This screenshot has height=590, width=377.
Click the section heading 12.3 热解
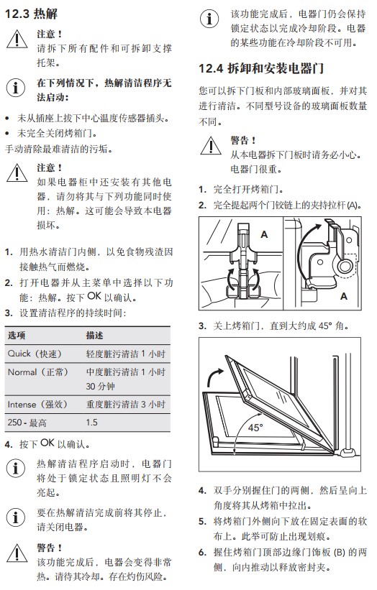pyautogui.click(x=31, y=14)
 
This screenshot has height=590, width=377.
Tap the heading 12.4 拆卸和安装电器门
pyautogui.click(x=261, y=68)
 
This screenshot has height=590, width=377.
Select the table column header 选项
pyautogui.click(x=17, y=336)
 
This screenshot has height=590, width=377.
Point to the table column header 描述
pyautogui.click(x=94, y=336)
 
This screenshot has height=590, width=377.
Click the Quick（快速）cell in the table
pyautogui.click(x=35, y=354)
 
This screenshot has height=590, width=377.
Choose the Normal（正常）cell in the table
pyautogui.click(x=38, y=372)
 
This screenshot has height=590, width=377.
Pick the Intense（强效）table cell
pyautogui.click(x=37, y=405)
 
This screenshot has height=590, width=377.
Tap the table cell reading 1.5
pyautogui.click(x=91, y=423)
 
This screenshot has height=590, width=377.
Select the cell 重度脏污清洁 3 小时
pyautogui.click(x=126, y=405)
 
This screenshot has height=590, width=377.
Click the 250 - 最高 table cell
pyautogui.click(x=27, y=423)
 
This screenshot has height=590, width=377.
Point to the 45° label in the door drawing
pyautogui.click(x=255, y=428)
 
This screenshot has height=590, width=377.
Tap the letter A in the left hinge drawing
pyautogui.click(x=264, y=234)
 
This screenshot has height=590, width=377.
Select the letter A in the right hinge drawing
pyautogui.click(x=343, y=297)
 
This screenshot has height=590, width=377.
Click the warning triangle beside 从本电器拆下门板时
pyautogui.click(x=211, y=146)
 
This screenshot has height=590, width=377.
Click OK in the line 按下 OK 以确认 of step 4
pyautogui.click(x=47, y=443)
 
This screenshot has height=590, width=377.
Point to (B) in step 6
pyautogui.click(x=340, y=552)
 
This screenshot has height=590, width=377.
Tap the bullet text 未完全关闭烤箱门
pyautogui.click(x=58, y=134)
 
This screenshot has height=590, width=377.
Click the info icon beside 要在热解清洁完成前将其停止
pyautogui.click(x=16, y=517)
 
